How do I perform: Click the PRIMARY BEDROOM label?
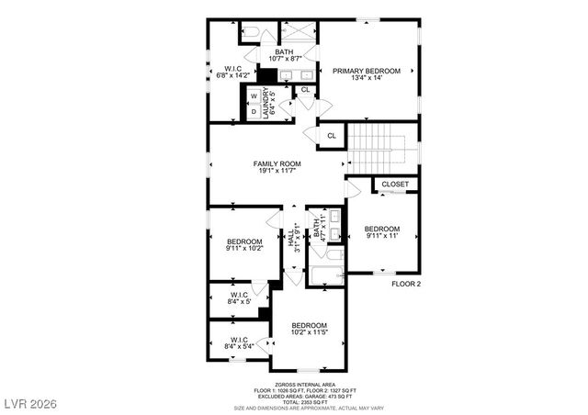click(x=367, y=74)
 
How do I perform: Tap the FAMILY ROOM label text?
click(x=277, y=167)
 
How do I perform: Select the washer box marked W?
click(x=253, y=95)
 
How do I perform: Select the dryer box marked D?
click(x=253, y=111)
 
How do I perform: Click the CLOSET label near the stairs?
click(x=395, y=184)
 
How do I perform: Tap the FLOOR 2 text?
click(x=405, y=284)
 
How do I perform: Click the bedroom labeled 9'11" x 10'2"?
click(x=244, y=244)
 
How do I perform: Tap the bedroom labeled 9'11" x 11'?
click(x=381, y=232)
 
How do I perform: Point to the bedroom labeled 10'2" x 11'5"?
click(x=310, y=329)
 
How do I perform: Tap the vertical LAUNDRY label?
click(x=267, y=102)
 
